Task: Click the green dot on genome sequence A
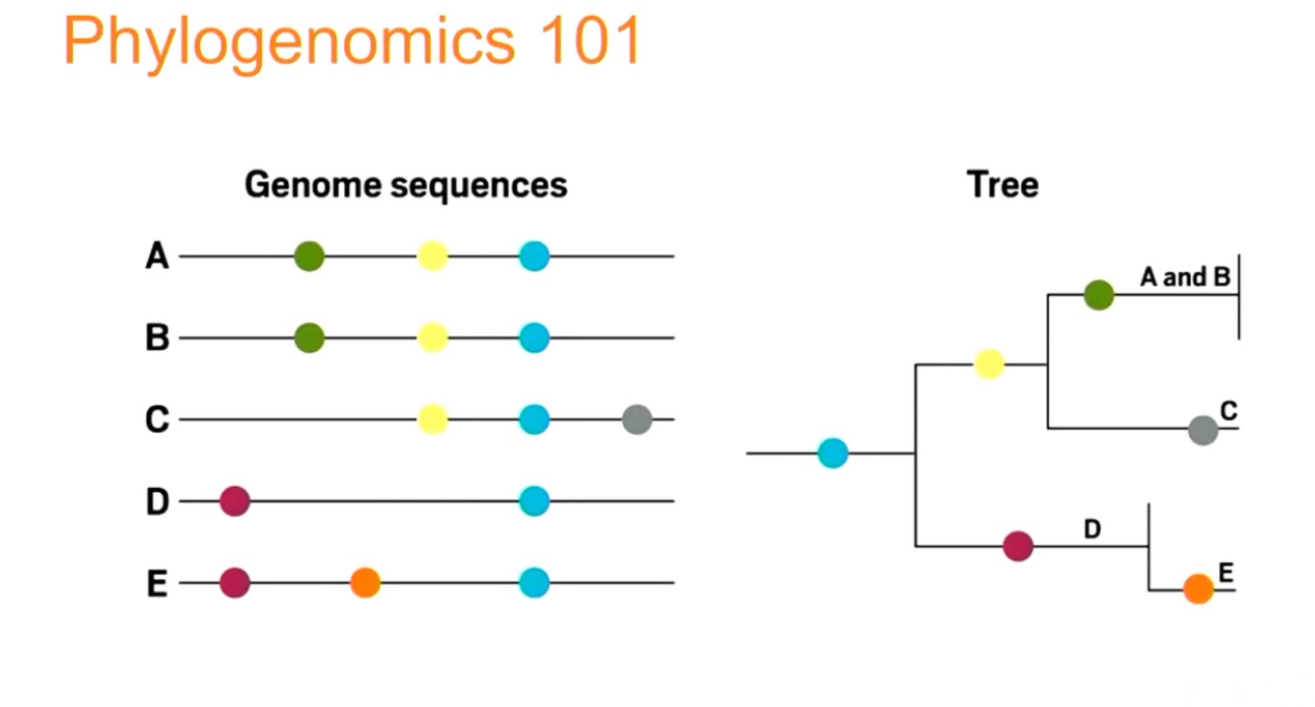310,256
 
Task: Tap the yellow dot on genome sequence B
432,338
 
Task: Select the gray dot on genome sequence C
637,420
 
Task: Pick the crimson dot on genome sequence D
235,501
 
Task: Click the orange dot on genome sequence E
365,582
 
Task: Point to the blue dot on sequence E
533,582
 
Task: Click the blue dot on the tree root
833,454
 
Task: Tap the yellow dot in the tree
989,364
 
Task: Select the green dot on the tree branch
1098,294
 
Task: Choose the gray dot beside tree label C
1203,430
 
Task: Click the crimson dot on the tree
1017,545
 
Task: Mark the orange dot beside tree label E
1198,589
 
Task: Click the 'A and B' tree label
1185,277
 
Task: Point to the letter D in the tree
1092,530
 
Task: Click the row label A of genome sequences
157,256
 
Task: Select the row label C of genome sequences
157,420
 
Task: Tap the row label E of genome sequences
157,584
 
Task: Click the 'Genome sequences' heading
405,185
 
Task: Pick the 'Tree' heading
1003,185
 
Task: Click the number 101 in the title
586,41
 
